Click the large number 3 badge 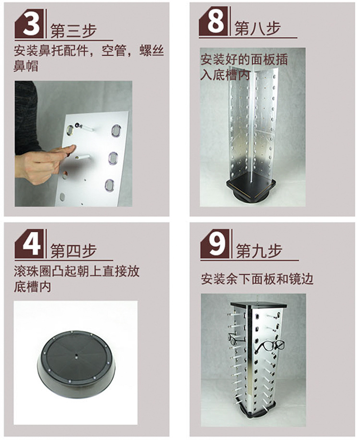coord(29,24)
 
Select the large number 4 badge coord(29,244)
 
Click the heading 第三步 coord(73,30)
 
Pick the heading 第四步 coord(73,251)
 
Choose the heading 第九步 coord(259,251)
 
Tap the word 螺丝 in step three coord(152,51)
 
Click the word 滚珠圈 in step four coord(33,271)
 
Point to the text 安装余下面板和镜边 coord(257,279)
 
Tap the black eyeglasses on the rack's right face coord(269,347)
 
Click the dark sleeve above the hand coord(26,118)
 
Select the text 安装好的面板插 coord(244,60)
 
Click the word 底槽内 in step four coord(33,286)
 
